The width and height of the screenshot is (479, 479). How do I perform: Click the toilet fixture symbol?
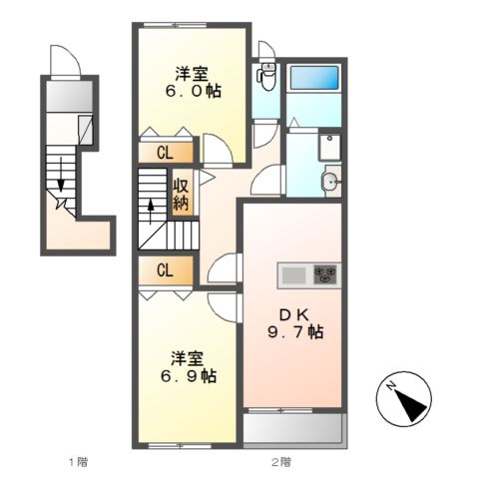pyautogui.click(x=266, y=77)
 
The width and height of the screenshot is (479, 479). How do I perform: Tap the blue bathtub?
pyautogui.click(x=314, y=78)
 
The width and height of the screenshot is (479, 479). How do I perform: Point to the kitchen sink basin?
pyautogui.click(x=294, y=275)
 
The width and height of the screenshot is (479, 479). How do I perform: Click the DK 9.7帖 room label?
pyautogui.click(x=295, y=323)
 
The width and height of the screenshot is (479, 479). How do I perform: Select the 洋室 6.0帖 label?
pyautogui.click(x=194, y=82)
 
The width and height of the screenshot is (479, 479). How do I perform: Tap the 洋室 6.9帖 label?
pyautogui.click(x=189, y=367)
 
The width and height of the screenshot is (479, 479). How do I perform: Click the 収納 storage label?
pyautogui.click(x=181, y=195)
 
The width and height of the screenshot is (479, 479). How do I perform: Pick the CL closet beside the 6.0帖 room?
pyautogui.click(x=166, y=153)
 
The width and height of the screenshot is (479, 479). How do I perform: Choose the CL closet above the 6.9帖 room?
pyautogui.click(x=166, y=270)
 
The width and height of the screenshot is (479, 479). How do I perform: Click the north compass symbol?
pyautogui.click(x=404, y=399)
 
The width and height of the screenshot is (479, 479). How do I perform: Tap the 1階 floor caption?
pyautogui.click(x=79, y=462)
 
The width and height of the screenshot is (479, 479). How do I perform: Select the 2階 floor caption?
pyautogui.click(x=281, y=462)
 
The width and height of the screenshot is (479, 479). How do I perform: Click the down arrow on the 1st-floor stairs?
pyautogui.click(x=61, y=175)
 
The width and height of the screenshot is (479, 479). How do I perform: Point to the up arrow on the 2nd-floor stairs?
pyautogui.click(x=151, y=212)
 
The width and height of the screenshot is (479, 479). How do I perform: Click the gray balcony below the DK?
pyautogui.click(x=292, y=428)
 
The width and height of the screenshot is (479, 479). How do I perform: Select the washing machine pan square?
pyautogui.click(x=329, y=148)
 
